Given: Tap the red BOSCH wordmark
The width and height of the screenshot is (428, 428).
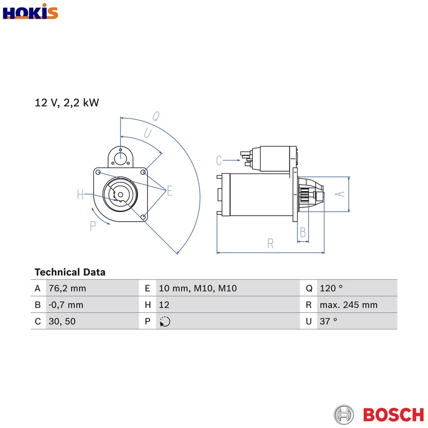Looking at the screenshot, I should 393,414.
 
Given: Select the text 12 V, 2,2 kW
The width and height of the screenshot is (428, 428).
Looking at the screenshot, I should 67,103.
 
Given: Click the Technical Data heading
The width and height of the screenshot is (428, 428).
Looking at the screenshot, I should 70,272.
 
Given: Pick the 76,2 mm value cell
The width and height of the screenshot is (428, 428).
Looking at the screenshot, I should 67,288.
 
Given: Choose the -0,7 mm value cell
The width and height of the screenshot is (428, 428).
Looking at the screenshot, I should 66,305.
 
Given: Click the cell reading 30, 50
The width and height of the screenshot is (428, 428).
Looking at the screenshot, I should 62,321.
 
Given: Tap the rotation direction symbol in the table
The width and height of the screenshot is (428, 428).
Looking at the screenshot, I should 165,321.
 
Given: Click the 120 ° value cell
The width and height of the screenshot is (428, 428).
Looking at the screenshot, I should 331,288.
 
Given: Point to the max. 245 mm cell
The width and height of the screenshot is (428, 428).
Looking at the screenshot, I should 348,305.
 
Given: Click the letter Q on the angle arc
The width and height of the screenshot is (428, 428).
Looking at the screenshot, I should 156,116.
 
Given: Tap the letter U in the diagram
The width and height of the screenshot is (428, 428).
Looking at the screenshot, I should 147,132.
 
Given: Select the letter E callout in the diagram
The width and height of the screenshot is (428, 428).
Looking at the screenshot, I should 169,192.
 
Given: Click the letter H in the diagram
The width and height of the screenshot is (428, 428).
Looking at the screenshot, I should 80,194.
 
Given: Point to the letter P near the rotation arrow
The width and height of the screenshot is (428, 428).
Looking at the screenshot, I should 93,226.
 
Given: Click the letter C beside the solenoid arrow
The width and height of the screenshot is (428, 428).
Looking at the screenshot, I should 219,160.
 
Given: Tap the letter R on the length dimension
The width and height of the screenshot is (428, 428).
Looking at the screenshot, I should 270,243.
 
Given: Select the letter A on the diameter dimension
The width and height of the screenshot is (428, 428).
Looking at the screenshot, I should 340,193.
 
